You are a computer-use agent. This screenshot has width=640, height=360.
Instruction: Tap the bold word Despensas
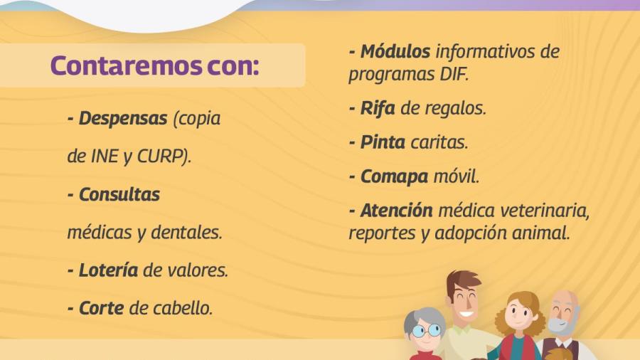[x=122, y=118]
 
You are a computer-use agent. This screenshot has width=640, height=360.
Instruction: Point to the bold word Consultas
[x=119, y=194]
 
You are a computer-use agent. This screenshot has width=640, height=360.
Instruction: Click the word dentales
[x=192, y=233]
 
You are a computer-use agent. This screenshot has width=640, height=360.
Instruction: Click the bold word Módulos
[x=395, y=51]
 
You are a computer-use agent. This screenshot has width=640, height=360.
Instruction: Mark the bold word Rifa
[x=378, y=108]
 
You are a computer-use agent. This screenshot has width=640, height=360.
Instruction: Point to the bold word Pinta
[x=383, y=142]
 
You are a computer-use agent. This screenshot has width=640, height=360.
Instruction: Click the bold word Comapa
[x=393, y=176]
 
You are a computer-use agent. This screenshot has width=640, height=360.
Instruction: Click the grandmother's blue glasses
[x=426, y=330]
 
